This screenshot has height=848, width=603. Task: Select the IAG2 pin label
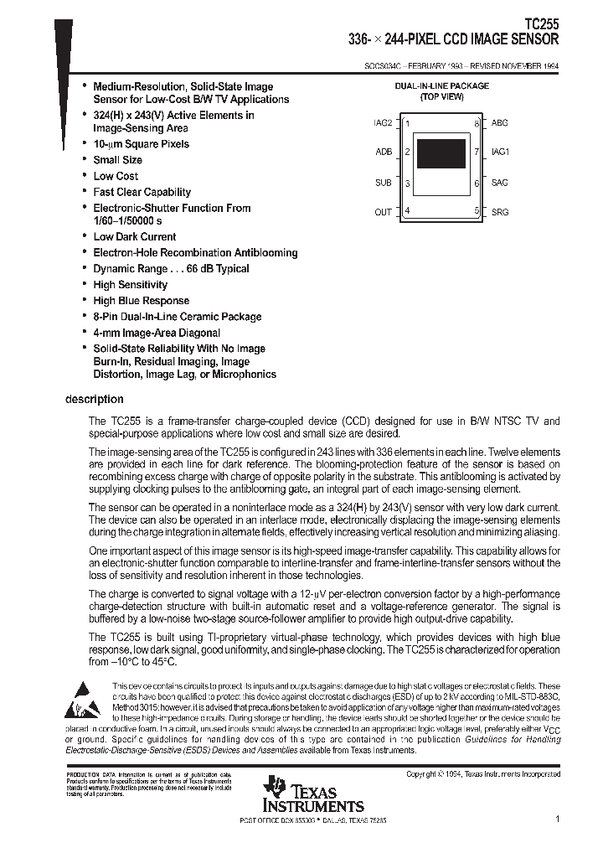(x=382, y=123)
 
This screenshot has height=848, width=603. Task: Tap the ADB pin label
(x=384, y=153)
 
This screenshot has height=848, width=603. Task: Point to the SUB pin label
(x=383, y=183)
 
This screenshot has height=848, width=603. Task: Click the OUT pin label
(x=383, y=212)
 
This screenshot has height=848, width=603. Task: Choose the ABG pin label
(x=499, y=123)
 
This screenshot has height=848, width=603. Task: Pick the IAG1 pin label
(x=500, y=153)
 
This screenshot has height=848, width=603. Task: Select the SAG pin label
(x=499, y=183)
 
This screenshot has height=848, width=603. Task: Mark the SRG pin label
(x=499, y=212)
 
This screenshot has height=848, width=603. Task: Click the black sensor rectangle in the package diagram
(x=441, y=155)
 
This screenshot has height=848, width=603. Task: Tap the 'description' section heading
(x=94, y=399)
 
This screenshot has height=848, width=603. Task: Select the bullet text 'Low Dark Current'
(x=134, y=237)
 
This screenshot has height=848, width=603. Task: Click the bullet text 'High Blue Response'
(x=141, y=301)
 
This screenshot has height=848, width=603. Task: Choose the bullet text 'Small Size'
(x=117, y=160)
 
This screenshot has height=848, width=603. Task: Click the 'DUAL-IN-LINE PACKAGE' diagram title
(x=441, y=86)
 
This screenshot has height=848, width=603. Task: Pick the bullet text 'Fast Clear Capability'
(x=142, y=192)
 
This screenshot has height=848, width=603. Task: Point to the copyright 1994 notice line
(x=482, y=775)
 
